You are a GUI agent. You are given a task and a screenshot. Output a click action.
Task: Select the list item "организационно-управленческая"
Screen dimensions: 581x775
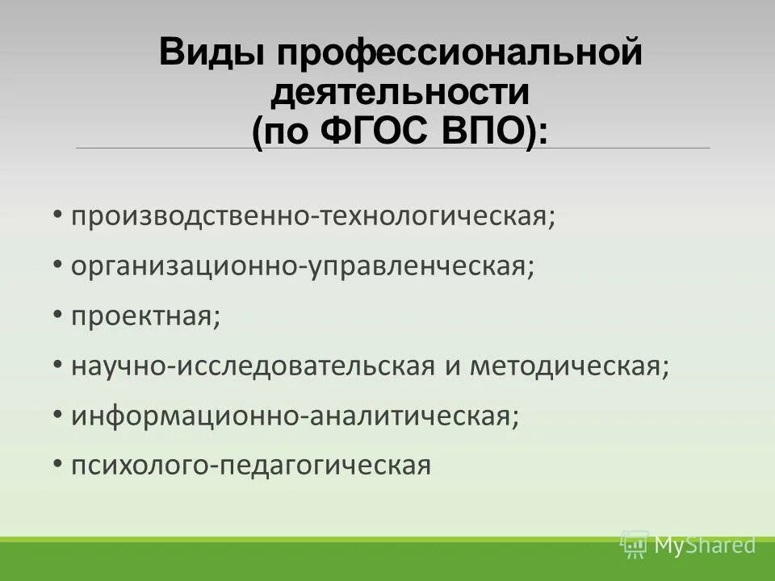(x=302, y=266)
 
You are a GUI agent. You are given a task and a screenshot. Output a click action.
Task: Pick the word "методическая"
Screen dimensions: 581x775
(x=568, y=366)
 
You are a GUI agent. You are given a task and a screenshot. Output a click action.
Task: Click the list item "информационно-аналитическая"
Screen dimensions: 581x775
(x=294, y=416)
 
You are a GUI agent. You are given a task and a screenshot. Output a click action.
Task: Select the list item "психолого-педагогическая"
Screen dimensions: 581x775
(x=251, y=465)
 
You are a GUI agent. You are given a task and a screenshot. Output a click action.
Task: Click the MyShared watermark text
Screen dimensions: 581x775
(x=705, y=545)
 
